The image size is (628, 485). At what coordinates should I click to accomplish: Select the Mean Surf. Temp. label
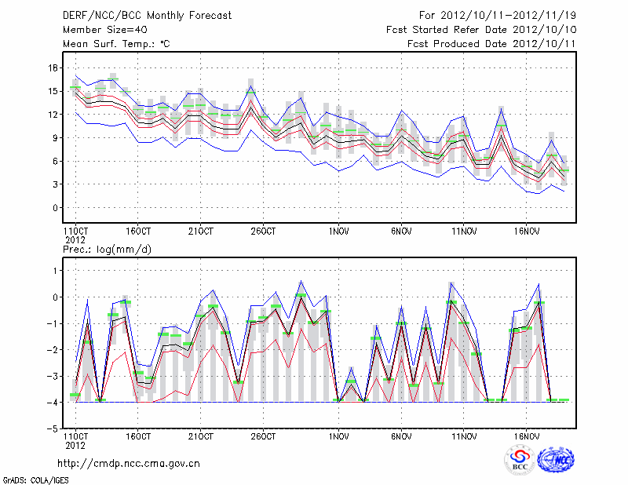(116, 43)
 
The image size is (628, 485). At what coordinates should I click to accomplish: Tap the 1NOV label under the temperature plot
(338, 232)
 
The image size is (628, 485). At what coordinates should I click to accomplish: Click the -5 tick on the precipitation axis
(53, 429)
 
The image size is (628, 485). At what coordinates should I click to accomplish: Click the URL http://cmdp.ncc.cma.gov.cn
(129, 463)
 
